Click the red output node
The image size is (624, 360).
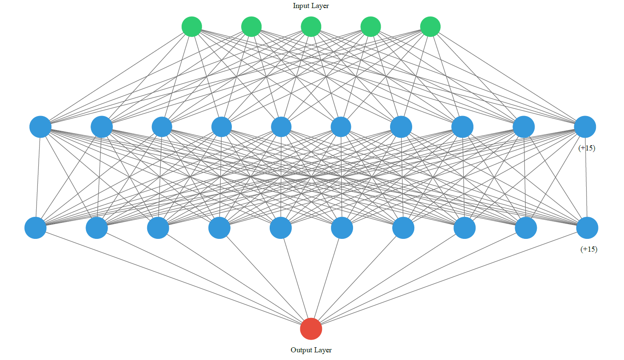tap(311, 329)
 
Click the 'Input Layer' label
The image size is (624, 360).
tap(311, 6)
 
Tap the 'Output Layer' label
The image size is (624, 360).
tap(311, 350)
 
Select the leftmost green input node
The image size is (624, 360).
tap(192, 27)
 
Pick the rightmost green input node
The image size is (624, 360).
tap(430, 27)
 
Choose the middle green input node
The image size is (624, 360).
tap(311, 27)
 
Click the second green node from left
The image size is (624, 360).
tap(251, 27)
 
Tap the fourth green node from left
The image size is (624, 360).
tap(370, 27)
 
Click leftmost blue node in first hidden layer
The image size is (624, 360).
tap(40, 127)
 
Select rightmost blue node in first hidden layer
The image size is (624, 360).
tap(585, 127)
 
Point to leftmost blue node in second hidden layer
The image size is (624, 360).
tap(35, 228)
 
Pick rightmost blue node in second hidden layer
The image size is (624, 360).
tap(587, 228)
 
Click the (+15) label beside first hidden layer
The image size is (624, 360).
tap(587, 148)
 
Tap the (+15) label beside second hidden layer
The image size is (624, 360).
tap(589, 249)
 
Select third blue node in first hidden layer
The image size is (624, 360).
tap(162, 127)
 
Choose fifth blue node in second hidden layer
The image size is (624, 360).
tap(281, 228)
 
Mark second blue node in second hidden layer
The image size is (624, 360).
tap(97, 228)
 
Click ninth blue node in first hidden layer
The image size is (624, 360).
tap(524, 127)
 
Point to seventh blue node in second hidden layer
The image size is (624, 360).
tap(403, 228)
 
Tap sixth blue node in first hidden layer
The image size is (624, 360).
tap(341, 127)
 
